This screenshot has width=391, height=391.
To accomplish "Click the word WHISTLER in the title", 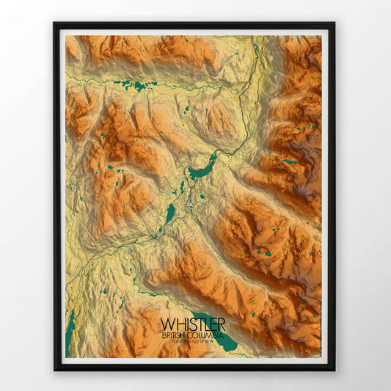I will pos(192,324).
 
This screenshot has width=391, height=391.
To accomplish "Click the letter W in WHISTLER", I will pos(166,324).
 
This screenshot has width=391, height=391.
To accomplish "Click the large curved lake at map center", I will pos(201,168).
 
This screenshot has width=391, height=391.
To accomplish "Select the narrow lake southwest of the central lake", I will pos(170,213).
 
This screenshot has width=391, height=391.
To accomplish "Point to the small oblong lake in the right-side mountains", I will pos(290,161).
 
